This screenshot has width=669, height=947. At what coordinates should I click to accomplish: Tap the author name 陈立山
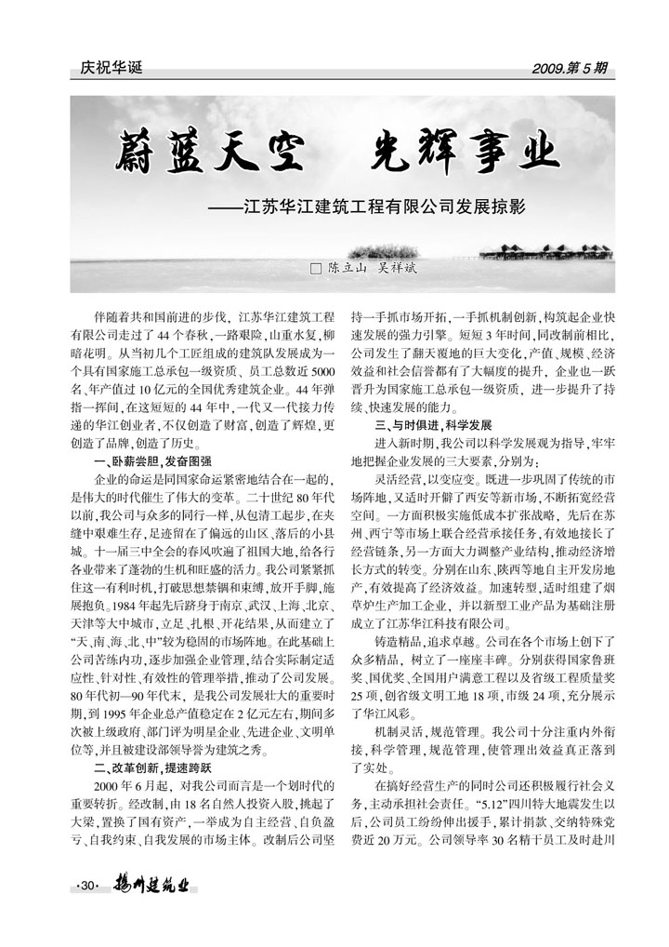tap(345, 268)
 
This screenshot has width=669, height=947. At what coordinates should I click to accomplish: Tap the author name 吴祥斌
tap(394, 268)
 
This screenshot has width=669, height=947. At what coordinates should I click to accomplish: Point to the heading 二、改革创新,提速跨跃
tap(153, 768)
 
